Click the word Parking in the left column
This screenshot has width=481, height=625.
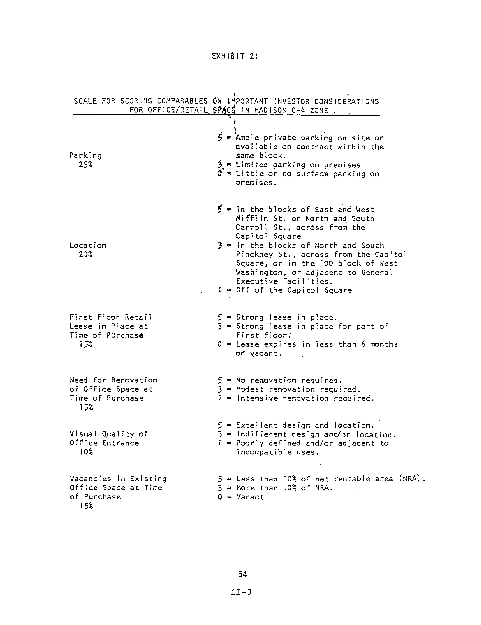85,155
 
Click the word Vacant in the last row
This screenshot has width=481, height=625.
250,497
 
